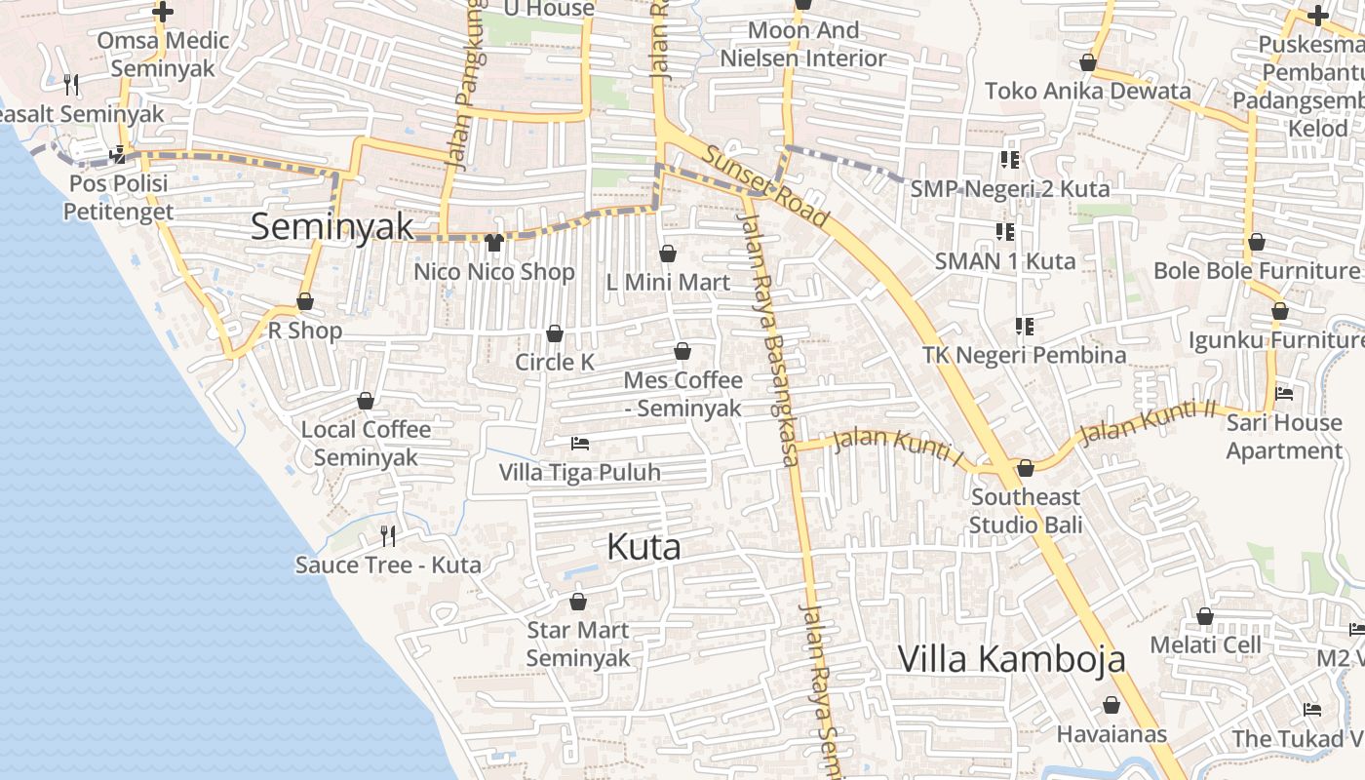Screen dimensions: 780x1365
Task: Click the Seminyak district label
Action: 332,227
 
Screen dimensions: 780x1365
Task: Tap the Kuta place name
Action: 643,547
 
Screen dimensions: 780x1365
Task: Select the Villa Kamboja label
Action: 1011,659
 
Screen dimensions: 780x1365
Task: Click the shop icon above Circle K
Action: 555,334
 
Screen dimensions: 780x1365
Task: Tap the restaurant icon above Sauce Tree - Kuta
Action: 388,535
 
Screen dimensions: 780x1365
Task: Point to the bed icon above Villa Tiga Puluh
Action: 580,444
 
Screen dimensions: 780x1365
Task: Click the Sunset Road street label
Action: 765,186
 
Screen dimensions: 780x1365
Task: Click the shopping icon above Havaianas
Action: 1111,705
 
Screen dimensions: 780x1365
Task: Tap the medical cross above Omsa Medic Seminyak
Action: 163,13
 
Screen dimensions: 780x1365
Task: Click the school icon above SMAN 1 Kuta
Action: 1005,232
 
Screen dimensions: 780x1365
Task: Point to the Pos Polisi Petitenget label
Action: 118,197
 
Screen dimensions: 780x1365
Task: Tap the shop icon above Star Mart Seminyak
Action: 578,602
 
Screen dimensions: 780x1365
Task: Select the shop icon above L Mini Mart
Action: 668,254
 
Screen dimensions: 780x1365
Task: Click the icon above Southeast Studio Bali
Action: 1026,469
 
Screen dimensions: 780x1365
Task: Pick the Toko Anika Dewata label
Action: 1087,91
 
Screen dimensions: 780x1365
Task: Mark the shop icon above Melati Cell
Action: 1205,616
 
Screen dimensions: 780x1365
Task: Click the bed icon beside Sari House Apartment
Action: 1284,394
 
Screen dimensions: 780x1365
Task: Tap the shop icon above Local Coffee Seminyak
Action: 366,401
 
